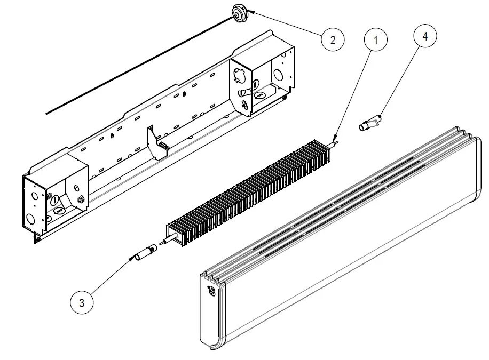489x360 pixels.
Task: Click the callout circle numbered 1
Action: pos(376,40)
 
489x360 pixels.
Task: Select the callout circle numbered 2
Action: pos(333,40)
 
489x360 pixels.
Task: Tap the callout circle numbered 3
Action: pos(82,303)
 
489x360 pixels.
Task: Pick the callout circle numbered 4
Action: pos(425,36)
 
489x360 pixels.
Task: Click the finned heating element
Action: pos(251,193)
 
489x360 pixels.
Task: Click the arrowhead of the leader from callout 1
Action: pos(335,140)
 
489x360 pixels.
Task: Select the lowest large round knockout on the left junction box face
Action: pos(30,219)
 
